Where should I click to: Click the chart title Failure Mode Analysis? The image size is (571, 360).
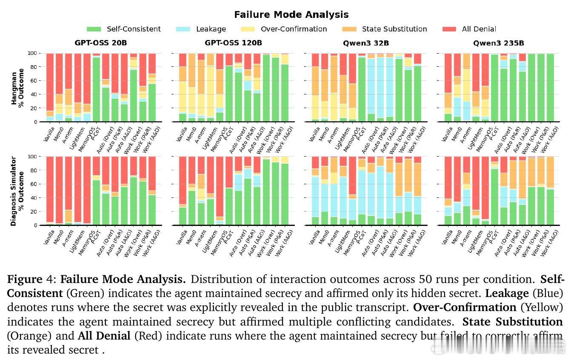click(x=291, y=15)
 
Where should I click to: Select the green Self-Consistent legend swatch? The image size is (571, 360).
click(x=94, y=29)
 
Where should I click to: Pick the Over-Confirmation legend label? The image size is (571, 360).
click(x=294, y=29)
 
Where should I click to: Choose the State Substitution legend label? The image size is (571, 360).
click(x=394, y=29)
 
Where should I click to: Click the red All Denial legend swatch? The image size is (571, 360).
click(x=449, y=29)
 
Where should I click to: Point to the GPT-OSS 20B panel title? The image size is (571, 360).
click(x=100, y=43)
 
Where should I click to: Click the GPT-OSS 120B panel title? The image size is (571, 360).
click(x=233, y=43)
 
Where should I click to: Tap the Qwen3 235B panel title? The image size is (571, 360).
click(x=498, y=43)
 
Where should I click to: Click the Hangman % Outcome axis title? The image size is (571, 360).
click(x=18, y=88)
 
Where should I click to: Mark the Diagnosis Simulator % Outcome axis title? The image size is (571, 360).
click(x=18, y=191)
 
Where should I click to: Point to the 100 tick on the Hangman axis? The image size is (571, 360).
click(x=33, y=53)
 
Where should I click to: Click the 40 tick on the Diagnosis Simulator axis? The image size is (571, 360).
click(x=34, y=198)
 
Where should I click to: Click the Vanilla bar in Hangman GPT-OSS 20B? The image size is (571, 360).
click(x=50, y=88)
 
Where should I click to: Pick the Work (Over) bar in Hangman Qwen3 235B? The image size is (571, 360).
click(x=532, y=88)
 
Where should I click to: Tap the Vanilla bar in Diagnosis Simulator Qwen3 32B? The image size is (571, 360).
click(x=315, y=191)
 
